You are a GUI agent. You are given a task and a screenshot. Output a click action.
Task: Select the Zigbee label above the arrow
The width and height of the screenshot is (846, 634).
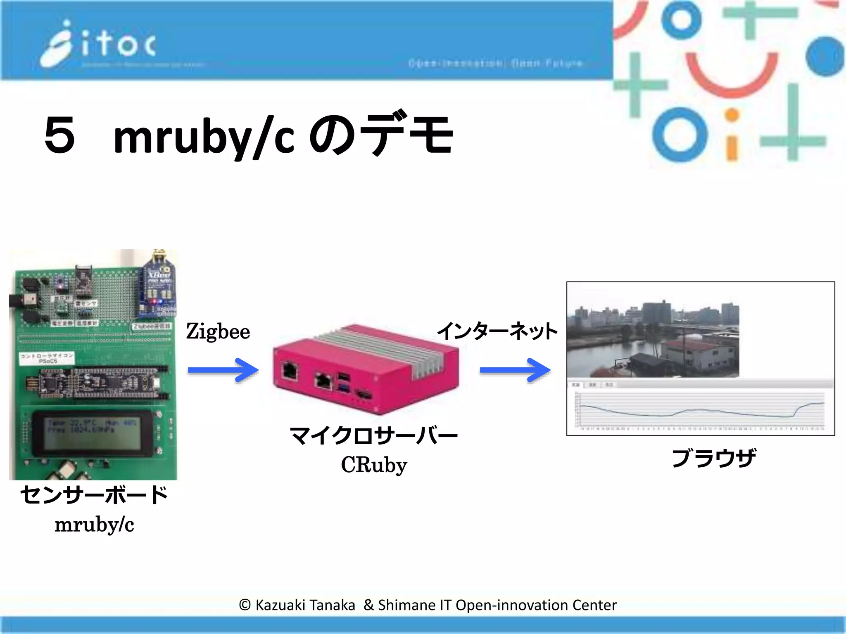218,331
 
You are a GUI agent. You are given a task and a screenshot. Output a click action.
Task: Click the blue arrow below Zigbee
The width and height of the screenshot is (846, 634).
223,370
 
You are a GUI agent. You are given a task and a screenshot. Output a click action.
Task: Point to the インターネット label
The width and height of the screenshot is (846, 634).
497,331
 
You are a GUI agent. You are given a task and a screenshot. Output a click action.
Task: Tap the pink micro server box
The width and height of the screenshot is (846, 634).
366,369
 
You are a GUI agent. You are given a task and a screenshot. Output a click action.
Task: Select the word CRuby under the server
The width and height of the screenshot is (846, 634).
374,465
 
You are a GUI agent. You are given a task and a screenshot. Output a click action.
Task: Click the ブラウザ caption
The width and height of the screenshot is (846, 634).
713,458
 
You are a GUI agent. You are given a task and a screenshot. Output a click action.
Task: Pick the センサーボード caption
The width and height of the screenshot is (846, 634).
94,495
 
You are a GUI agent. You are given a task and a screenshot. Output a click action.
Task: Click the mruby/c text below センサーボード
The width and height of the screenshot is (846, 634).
94,525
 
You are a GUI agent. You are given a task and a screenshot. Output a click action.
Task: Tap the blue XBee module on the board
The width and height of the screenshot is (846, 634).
159,285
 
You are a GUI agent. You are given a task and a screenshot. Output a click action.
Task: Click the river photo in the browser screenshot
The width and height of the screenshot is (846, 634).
653,338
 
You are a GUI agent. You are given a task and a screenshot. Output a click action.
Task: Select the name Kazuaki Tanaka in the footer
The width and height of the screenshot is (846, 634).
305,605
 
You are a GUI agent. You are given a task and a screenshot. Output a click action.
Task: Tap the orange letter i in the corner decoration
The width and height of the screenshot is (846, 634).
732,136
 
